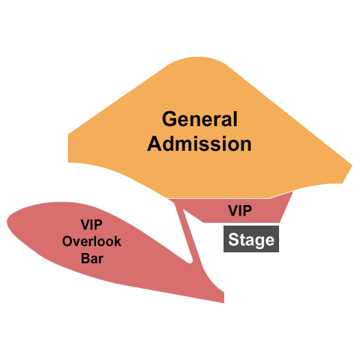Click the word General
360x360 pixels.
click(200, 119)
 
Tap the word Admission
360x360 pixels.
click(200, 144)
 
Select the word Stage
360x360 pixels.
click(251, 240)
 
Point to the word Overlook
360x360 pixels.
click(92, 241)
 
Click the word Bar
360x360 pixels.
click(92, 259)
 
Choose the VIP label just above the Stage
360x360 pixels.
click(240, 211)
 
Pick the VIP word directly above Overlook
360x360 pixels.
click(92, 224)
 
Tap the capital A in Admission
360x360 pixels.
click(156, 144)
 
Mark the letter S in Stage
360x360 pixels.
click(234, 240)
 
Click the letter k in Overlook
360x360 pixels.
click(118, 241)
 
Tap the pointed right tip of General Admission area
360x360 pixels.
click(351, 165)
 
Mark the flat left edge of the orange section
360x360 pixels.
click(69, 148)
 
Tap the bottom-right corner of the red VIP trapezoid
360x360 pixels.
click(281, 221)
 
